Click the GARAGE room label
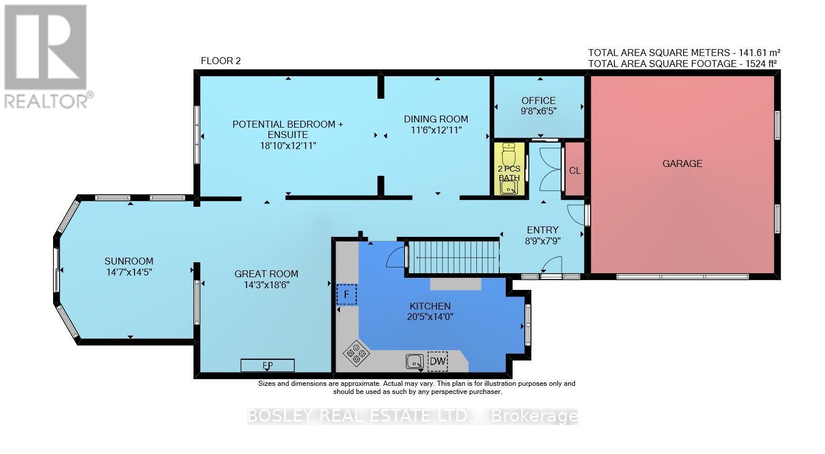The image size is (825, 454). (x=682, y=163)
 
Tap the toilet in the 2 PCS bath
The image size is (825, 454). (x=509, y=154)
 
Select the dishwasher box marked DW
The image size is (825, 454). (x=438, y=361)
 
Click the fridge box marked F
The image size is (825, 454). (x=346, y=295)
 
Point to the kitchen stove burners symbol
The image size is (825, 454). (x=356, y=353)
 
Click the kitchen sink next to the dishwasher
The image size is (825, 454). (x=415, y=362)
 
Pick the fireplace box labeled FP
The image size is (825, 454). (x=267, y=366)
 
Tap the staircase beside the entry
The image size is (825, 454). (x=454, y=257)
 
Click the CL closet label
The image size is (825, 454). (x=574, y=170)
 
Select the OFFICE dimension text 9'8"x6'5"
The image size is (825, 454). (x=539, y=111)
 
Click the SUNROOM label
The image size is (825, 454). (x=129, y=261)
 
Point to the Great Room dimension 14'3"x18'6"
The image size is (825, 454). (x=267, y=285)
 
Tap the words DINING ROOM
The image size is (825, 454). (x=436, y=119)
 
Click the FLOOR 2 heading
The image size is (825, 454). (x=221, y=61)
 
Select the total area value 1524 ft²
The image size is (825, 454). (x=761, y=64)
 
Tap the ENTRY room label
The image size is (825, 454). (x=543, y=230)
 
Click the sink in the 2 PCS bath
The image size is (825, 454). (x=509, y=189)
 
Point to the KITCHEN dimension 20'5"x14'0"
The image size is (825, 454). (x=430, y=317)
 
